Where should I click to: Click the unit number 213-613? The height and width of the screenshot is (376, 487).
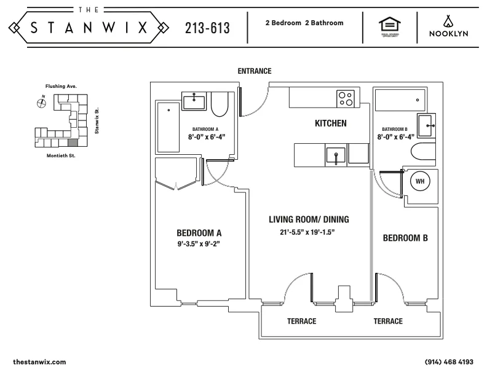pyautogui.click(x=207, y=28)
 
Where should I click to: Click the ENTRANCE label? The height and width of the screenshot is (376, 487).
pyautogui.click(x=255, y=71)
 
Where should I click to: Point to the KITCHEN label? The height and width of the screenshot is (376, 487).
pyautogui.click(x=330, y=123)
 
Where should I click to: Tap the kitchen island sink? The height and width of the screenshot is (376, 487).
pyautogui.click(x=335, y=154)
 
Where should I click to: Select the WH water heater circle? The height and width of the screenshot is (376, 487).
pyautogui.click(x=419, y=182)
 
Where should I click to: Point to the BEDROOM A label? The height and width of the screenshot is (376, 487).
pyautogui.click(x=199, y=233)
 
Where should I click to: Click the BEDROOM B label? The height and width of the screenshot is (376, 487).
pyautogui.click(x=405, y=238)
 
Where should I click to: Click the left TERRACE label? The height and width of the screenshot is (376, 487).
pyautogui.click(x=301, y=321)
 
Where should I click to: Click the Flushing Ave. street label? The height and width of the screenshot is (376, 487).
pyautogui.click(x=60, y=87)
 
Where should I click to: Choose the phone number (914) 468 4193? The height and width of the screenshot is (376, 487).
pyautogui.click(x=449, y=362)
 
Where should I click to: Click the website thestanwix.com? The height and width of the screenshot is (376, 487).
pyautogui.click(x=39, y=362)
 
